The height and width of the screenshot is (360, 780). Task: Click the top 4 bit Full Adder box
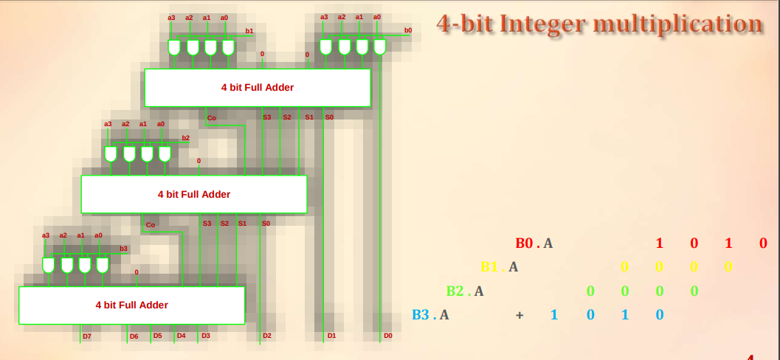click(x=257, y=88)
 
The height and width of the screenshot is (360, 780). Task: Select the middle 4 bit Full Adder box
click(x=193, y=195)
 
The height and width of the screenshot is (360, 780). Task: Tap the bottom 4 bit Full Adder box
click(x=131, y=305)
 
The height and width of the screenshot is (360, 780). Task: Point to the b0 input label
click(x=408, y=30)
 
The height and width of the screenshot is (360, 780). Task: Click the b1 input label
click(x=249, y=31)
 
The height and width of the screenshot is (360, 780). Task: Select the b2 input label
click(x=186, y=138)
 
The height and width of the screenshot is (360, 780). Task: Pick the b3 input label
click(x=124, y=249)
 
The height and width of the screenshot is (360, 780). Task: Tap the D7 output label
click(x=86, y=336)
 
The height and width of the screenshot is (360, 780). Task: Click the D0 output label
click(x=387, y=336)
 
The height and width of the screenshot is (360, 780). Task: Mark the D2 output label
click(x=267, y=336)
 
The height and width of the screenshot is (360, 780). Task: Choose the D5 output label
click(x=157, y=336)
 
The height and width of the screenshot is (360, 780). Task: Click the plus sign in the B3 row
click(x=520, y=315)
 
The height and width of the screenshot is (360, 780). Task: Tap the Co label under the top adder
click(x=211, y=118)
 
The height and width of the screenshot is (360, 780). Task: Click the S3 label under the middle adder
click(x=207, y=224)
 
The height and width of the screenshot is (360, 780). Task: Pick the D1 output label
click(x=331, y=336)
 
